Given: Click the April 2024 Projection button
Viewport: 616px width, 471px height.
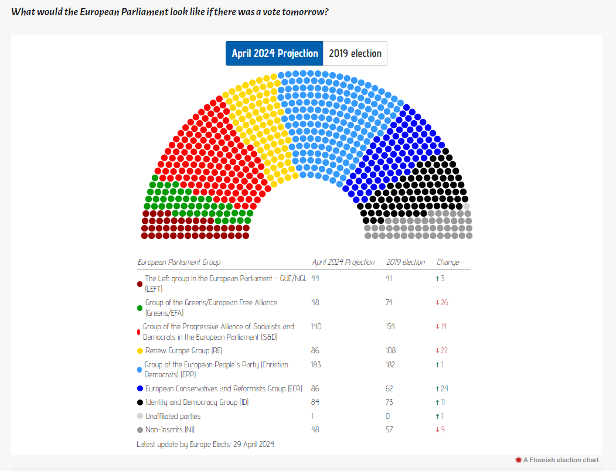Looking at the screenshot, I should point(274,53).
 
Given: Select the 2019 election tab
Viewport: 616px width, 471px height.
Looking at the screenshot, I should point(355,53).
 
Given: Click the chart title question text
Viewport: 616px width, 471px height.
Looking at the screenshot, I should point(170,12).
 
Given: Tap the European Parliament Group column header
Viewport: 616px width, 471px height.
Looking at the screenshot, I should point(179,262).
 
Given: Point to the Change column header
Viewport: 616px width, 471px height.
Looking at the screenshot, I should point(448,262).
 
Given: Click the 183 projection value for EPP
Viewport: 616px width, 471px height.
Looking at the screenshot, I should point(317,364).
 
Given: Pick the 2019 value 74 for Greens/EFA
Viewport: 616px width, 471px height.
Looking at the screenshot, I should point(389,302).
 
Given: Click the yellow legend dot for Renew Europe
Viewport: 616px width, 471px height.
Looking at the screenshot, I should point(140,351).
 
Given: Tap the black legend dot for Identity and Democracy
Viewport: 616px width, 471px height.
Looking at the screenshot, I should point(140,402).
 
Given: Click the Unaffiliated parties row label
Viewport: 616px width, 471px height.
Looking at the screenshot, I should point(173,416).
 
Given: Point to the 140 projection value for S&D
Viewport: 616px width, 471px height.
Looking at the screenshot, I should point(317,326).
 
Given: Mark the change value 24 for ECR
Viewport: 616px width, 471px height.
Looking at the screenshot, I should point(441,388).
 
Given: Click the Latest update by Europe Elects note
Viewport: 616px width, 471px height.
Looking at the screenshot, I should point(205,444).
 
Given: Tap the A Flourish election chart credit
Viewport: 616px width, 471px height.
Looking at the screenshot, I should point(560,460).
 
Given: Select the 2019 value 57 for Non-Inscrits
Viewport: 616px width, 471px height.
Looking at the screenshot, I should point(390,429).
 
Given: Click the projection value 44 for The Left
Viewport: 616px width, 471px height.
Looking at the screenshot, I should point(315,278).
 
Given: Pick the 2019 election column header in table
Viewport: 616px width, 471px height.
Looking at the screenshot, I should point(406,262).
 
